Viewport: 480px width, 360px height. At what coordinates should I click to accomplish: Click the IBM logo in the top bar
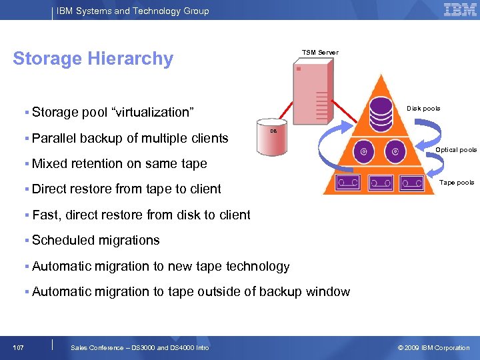(x=460, y=9)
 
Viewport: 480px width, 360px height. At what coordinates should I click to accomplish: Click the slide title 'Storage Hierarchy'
(x=93, y=59)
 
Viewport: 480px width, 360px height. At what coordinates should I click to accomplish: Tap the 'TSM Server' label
(x=320, y=53)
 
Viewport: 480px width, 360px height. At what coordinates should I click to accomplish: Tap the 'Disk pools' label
(x=423, y=109)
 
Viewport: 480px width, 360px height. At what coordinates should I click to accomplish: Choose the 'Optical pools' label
(x=456, y=150)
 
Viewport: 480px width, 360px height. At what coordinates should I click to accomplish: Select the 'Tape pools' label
(x=457, y=183)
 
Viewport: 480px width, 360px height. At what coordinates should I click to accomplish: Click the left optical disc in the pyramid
(x=364, y=151)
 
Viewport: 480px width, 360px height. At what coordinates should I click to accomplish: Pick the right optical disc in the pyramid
(x=395, y=151)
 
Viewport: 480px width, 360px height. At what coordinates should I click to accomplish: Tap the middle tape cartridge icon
(x=381, y=182)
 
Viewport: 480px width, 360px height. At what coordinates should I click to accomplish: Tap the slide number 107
(x=19, y=347)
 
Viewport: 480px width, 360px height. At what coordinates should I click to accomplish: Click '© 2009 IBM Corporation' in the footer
(x=433, y=347)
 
